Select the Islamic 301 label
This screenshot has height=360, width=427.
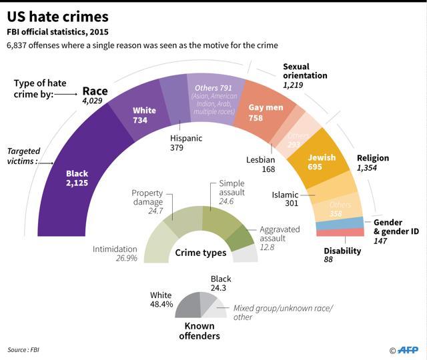pyautogui.click(x=286, y=200)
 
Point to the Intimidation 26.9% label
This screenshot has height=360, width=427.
pyautogui.click(x=115, y=254)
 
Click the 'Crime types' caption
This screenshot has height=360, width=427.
pyautogui.click(x=201, y=253)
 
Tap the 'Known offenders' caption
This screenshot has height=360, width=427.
pyautogui.click(x=199, y=331)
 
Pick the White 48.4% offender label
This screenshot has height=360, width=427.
pyautogui.click(x=161, y=299)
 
